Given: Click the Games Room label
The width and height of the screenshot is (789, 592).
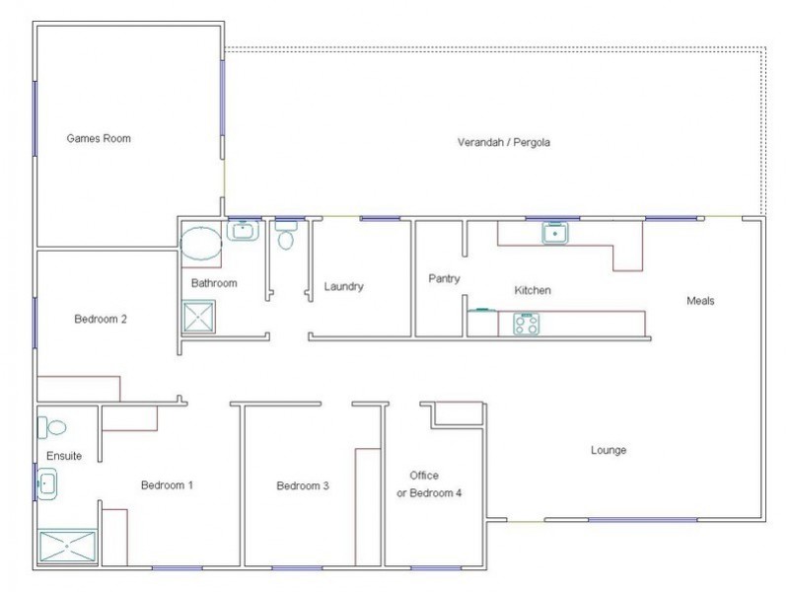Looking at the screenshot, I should coord(99,139).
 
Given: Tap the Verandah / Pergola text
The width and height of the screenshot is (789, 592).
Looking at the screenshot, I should coord(503,142).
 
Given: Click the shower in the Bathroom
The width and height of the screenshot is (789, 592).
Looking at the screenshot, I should coord(199,317).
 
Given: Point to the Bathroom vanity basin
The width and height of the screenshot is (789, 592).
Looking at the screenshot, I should coord(242,231).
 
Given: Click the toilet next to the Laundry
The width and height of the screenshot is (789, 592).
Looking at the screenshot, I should coord(287,238).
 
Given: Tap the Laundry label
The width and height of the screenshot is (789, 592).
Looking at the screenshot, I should coord(344,287).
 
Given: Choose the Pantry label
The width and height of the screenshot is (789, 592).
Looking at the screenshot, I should coord(444,279).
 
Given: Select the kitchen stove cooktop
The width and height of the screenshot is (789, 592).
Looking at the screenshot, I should coord(525,324).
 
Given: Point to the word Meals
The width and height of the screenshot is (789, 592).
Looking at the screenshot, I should coord(700,301).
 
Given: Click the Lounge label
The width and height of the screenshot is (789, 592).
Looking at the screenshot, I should coord(609,451).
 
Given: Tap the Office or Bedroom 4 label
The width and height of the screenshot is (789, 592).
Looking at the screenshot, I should coord(428,484).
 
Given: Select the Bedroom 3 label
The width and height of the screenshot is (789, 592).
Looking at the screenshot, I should coord(302,485).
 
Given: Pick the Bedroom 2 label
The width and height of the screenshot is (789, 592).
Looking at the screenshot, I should coord(101,320).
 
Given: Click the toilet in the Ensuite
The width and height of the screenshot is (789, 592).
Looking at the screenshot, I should coord(52,428).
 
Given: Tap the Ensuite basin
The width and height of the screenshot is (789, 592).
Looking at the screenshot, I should coord(46,484).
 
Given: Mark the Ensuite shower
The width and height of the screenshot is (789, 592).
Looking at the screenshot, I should coord(67,547).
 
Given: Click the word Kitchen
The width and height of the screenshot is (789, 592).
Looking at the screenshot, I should coord(533,291).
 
